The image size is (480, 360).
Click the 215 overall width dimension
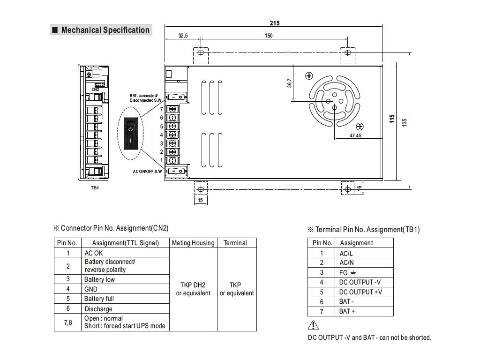click(275, 23)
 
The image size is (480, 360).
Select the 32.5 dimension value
click(183, 36)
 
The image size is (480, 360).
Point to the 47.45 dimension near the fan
click(355, 135)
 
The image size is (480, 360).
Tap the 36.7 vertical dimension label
click(289, 83)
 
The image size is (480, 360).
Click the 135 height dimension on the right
click(405, 123)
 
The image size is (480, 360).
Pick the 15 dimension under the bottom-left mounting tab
click(200, 200)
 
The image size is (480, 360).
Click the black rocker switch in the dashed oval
click(130, 134)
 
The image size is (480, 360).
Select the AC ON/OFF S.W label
click(147, 172)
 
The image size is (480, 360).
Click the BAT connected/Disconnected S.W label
click(145, 98)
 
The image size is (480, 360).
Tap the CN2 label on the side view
click(95, 90)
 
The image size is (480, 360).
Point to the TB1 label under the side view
click(95, 187)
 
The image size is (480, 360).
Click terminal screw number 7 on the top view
click(172, 109)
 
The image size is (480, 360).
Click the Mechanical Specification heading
click(105, 30)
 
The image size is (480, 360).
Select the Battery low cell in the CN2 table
click(99, 279)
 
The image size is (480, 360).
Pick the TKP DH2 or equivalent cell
click(193, 289)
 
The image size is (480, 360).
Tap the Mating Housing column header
click(193, 243)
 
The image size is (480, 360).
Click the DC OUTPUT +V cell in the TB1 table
click(360, 292)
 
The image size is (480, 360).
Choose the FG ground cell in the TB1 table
click(347, 273)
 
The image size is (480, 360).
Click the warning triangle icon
click(313, 325)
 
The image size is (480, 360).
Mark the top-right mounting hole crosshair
click(347, 52)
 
